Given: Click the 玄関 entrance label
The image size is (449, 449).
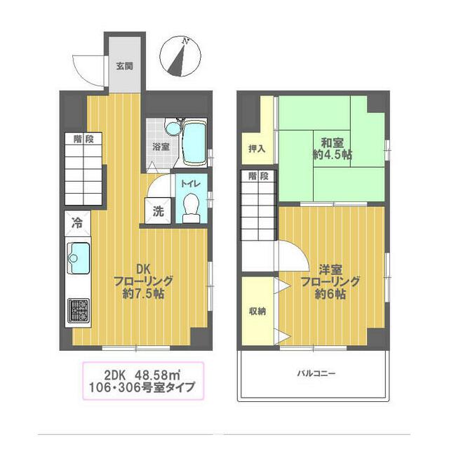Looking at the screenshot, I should coord(125,67).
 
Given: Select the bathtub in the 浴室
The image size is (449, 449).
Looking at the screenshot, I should coord(194,143).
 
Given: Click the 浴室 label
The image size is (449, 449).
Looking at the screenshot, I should coord(161,147).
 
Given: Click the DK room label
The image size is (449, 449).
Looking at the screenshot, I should coord(142,268).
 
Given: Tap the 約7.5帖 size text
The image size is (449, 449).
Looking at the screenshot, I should coord(143,295).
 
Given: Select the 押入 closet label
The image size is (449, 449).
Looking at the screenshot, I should coord(257,148).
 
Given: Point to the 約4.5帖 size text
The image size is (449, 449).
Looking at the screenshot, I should coord(332,156).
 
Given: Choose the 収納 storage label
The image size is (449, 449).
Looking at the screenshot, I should coord(257,311).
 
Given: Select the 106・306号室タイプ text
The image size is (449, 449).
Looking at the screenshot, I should coord(142,387).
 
